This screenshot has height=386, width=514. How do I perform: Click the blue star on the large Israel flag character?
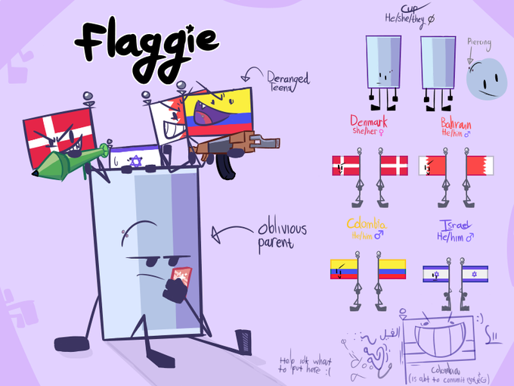(135, 160)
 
